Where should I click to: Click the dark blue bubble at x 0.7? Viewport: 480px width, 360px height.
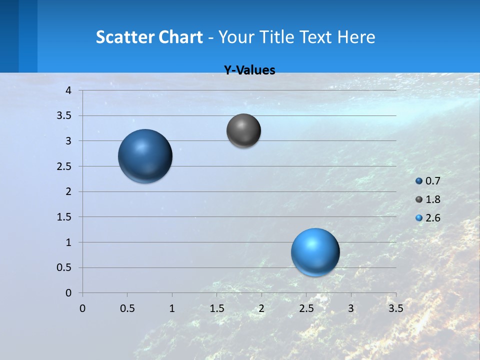[145, 156]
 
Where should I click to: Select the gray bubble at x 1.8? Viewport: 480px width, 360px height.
[243, 130]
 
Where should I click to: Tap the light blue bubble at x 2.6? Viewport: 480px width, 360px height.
[315, 252]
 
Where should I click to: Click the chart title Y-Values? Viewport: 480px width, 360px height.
[249, 70]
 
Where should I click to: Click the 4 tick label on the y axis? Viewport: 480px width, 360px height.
[68, 90]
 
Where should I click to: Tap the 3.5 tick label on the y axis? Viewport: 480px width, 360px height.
[65, 116]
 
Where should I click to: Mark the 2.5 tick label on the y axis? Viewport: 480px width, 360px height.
[65, 166]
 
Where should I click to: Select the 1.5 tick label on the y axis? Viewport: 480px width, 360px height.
[65, 217]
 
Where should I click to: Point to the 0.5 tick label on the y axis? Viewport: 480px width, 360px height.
[65, 267]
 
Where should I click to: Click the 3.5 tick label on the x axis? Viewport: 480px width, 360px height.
[395, 308]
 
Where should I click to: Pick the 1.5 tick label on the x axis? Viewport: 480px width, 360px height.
[216, 308]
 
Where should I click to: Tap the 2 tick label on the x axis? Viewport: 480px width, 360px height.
[261, 308]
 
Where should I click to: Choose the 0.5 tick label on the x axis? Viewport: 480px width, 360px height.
[127, 308]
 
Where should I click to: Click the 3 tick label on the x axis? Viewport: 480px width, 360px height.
[351, 308]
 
